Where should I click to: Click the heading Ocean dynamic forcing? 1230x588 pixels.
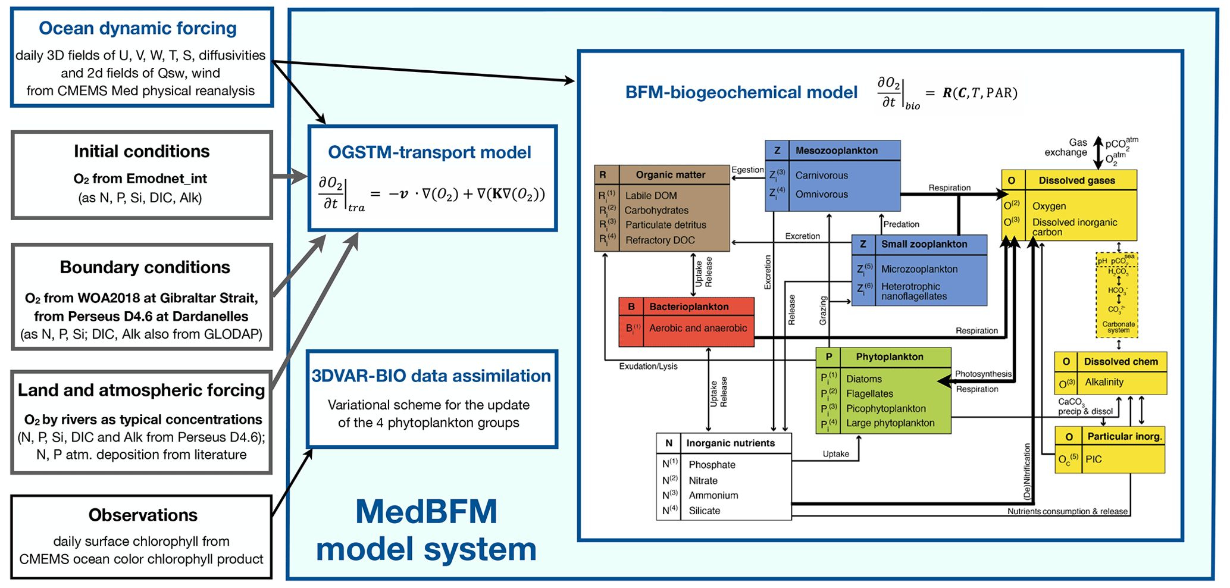(x=137, y=28)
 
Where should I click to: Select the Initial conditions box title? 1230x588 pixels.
(x=142, y=151)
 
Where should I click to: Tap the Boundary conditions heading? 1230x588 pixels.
(x=145, y=267)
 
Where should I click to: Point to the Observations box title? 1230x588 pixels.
(x=143, y=515)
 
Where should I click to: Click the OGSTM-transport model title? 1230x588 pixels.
(x=429, y=152)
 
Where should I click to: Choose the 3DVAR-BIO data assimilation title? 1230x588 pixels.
(x=431, y=376)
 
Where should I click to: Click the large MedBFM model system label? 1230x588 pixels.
(x=426, y=530)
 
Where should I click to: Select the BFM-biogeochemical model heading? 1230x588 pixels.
(x=741, y=93)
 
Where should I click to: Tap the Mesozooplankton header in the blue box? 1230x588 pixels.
(x=836, y=151)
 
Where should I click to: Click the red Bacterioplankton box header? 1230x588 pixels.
(x=688, y=306)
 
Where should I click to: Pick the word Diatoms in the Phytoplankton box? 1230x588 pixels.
(x=864, y=379)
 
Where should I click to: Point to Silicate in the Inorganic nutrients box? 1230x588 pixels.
(x=704, y=511)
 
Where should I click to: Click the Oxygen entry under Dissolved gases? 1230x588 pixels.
(x=1049, y=207)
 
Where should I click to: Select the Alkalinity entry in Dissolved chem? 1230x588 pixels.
(x=1104, y=382)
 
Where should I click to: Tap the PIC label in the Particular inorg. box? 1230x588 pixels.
(x=1093, y=459)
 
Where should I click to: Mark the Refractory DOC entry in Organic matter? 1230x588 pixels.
(x=659, y=240)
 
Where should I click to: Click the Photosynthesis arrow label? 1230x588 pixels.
(x=982, y=374)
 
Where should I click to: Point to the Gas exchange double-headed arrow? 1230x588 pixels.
(x=1098, y=152)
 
